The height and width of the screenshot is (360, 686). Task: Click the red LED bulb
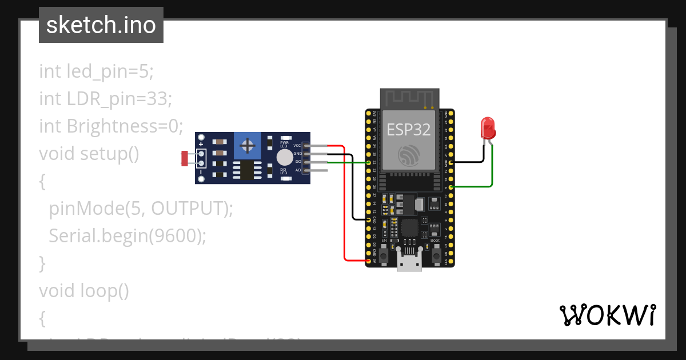[488, 128]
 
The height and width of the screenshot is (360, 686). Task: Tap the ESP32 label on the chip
[409, 130]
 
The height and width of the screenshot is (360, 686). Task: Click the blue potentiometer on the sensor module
[248, 146]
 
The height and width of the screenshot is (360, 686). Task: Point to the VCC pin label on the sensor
[297, 145]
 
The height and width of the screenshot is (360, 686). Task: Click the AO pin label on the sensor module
[298, 170]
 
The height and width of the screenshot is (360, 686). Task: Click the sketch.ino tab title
[101, 25]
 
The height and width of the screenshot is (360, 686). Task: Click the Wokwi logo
[607, 315]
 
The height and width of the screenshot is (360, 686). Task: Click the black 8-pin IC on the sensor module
[247, 169]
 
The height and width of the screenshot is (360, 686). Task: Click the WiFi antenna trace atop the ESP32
[409, 98]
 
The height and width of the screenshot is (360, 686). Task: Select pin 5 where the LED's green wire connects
[452, 187]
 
